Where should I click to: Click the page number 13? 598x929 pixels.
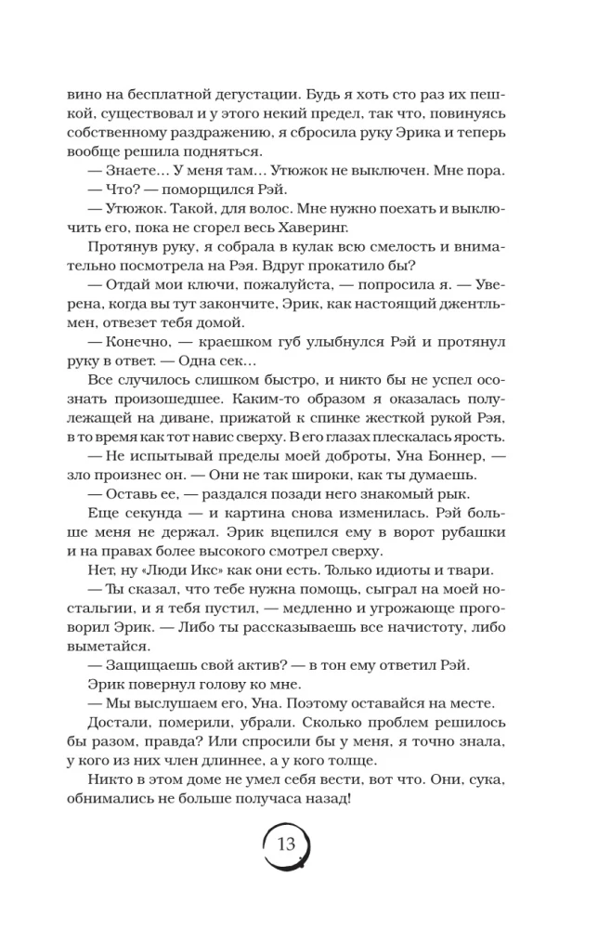[285, 844]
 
